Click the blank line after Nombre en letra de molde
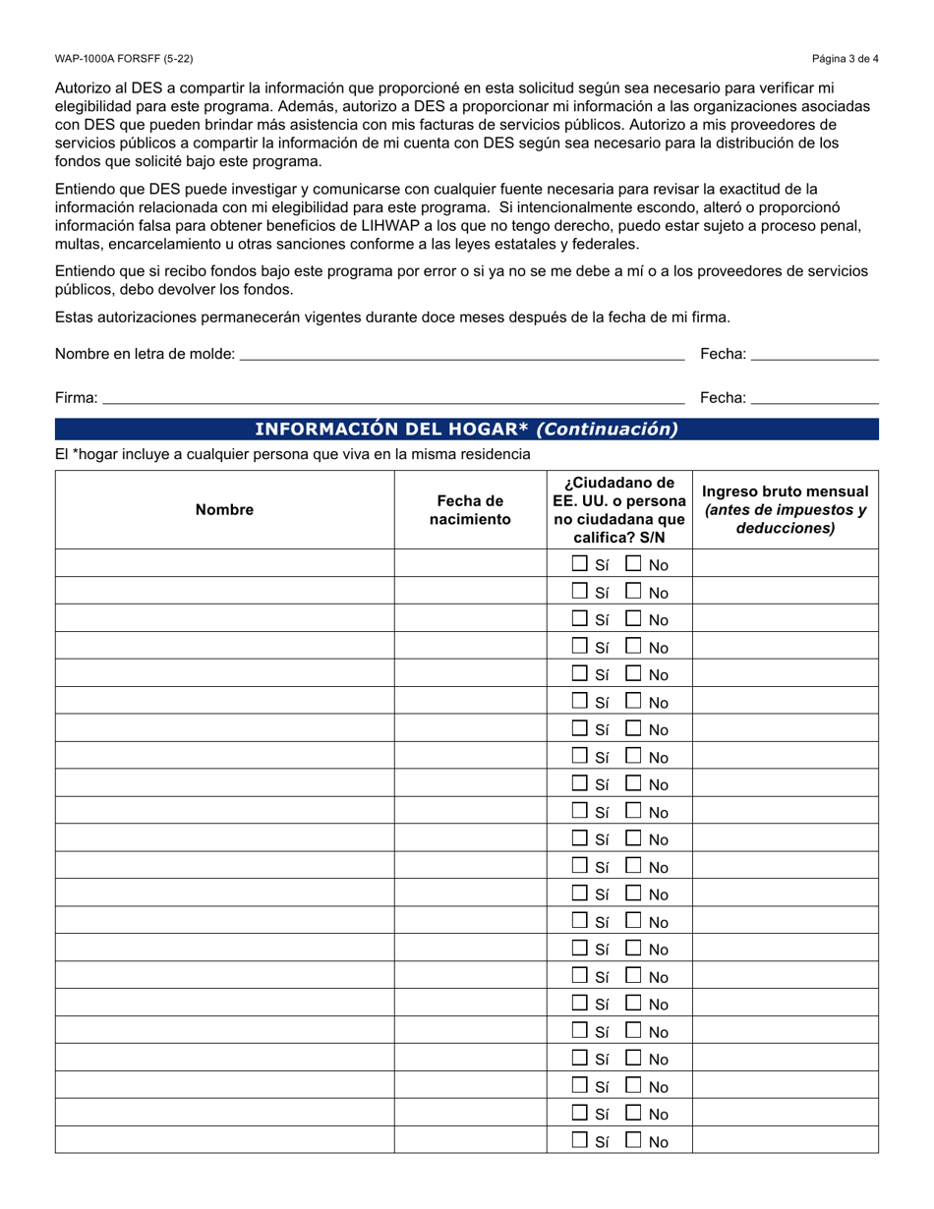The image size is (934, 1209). (462, 354)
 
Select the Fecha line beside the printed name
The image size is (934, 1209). (814, 354)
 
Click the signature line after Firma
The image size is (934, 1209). (393, 397)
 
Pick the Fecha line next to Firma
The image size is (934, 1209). (814, 397)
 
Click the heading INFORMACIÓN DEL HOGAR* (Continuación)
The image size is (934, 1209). (467, 429)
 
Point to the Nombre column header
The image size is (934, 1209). (224, 509)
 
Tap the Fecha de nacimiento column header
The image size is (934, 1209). (470, 509)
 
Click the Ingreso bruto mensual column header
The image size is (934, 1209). (786, 509)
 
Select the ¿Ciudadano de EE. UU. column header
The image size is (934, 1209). (619, 509)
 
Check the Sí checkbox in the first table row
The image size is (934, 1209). (581, 564)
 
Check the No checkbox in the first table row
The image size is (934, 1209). (634, 564)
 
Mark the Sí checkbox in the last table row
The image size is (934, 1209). (581, 1140)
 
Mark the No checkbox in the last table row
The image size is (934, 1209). (634, 1140)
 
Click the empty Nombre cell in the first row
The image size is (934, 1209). (224, 563)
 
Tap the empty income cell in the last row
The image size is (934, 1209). (786, 1140)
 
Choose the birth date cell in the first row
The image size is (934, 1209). (470, 563)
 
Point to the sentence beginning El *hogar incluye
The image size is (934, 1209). (293, 454)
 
